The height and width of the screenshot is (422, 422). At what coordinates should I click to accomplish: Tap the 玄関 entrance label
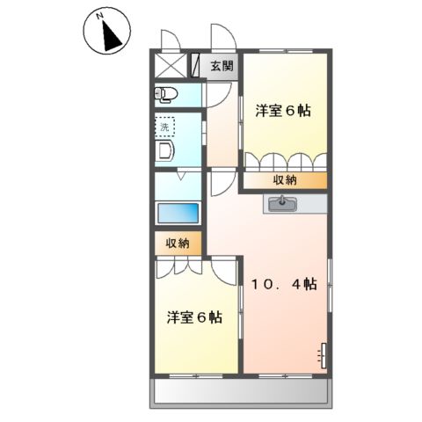(222, 67)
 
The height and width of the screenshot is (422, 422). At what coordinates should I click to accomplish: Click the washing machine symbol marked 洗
(164, 127)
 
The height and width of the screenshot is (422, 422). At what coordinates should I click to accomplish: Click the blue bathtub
(177, 213)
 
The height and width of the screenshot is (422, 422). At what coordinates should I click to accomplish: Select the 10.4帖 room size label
(285, 284)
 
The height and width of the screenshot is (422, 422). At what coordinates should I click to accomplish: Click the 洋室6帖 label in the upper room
(283, 112)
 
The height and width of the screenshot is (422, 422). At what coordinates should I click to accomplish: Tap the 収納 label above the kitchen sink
(283, 180)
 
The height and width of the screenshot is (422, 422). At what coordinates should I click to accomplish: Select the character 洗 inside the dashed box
(163, 127)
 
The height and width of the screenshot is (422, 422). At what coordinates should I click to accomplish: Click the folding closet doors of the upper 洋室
(283, 162)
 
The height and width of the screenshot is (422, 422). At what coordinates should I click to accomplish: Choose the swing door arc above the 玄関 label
(222, 40)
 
